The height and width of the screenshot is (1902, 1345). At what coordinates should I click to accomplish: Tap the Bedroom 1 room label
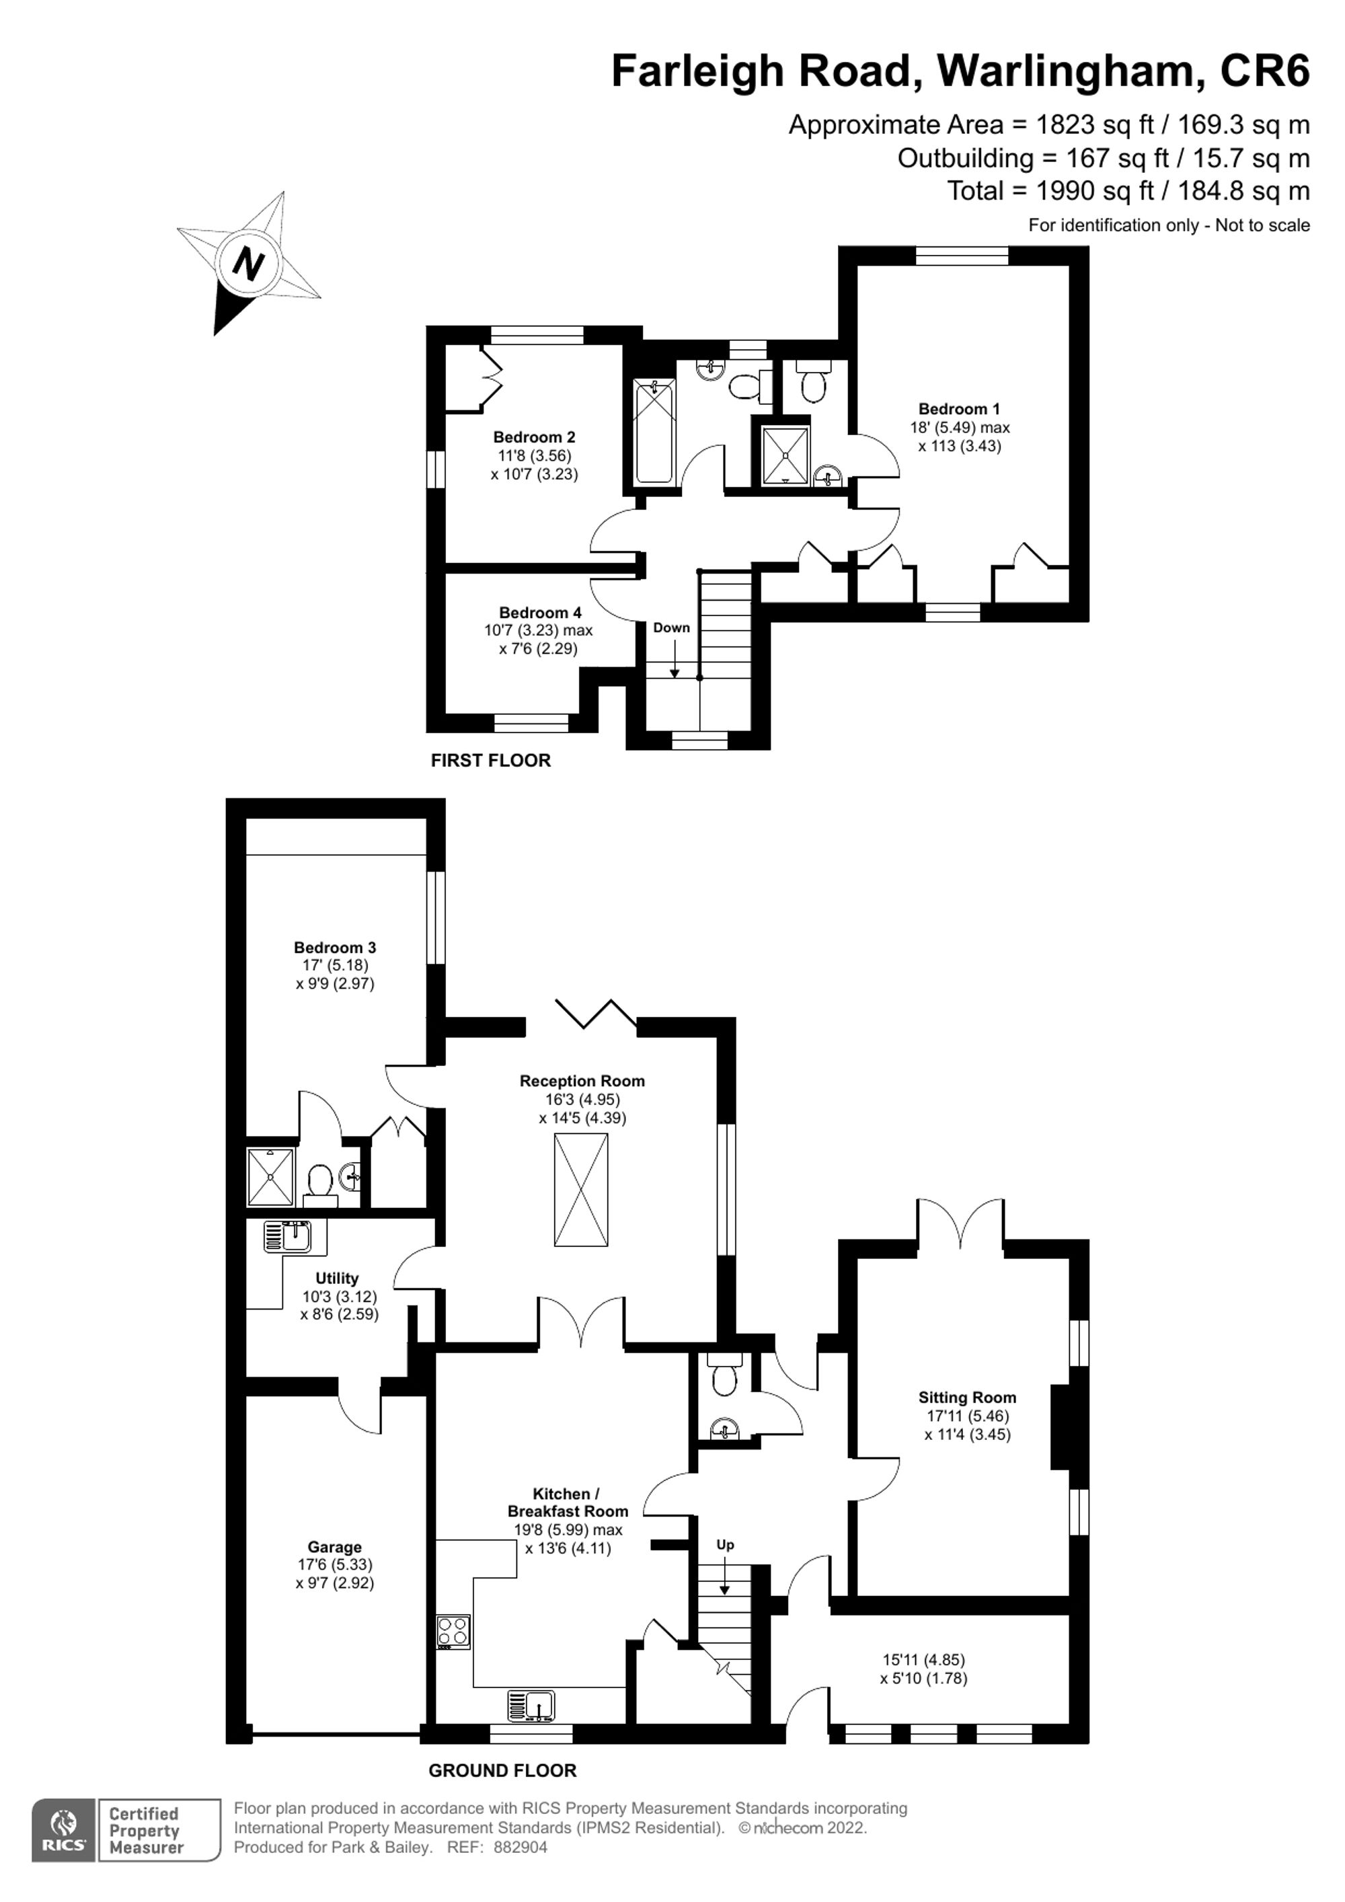959,409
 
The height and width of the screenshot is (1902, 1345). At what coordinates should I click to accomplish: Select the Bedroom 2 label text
533,437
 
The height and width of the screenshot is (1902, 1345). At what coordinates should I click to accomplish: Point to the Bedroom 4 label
540,613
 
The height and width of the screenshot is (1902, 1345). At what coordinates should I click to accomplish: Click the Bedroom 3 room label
335,948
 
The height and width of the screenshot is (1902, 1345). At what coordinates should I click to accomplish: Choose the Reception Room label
582,1081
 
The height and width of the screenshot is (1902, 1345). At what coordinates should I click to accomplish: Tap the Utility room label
337,1279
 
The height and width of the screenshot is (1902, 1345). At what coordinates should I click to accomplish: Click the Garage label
335,1547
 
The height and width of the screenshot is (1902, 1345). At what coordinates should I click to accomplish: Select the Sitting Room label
966,1398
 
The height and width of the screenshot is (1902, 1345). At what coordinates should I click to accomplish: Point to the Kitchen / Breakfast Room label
568,1502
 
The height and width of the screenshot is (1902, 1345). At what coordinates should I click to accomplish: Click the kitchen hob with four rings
453,1631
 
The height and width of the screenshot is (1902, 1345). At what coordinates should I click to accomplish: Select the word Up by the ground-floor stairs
725,1545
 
